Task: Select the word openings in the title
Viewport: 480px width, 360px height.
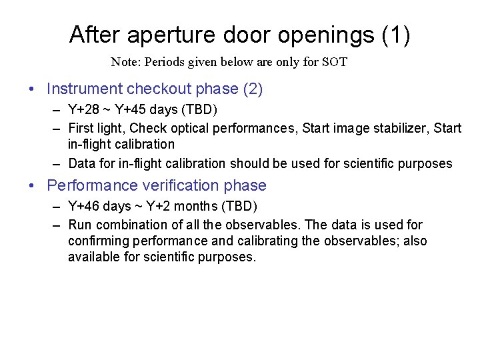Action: click(331, 35)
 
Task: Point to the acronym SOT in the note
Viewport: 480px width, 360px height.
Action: click(335, 63)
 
